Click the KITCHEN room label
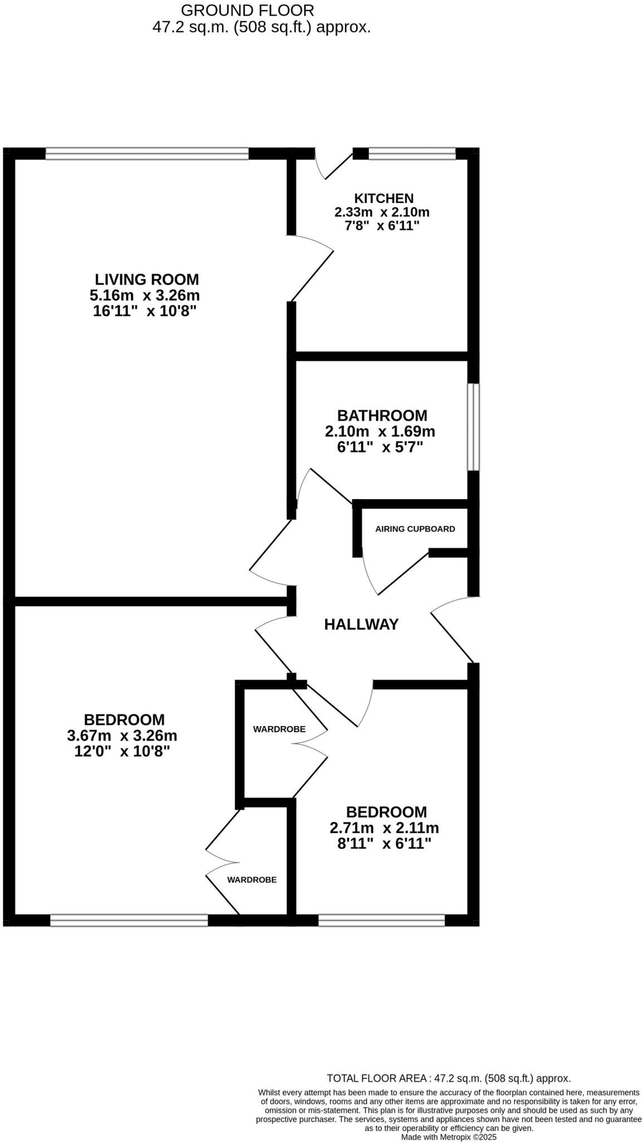click(x=384, y=198)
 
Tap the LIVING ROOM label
click(x=147, y=279)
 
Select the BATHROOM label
click(x=382, y=415)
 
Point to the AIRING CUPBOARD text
click(x=415, y=529)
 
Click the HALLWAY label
click(x=361, y=625)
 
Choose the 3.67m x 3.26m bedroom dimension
click(x=122, y=735)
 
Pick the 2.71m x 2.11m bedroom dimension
click(x=384, y=828)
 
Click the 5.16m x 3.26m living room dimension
click(x=144, y=295)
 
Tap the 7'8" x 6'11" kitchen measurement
click(x=382, y=226)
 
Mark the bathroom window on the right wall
click(x=473, y=427)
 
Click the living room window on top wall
click(x=147, y=153)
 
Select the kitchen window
click(x=412, y=153)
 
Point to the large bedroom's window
click(x=129, y=920)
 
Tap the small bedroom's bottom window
click(x=381, y=920)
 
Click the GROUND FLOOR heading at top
click(x=247, y=10)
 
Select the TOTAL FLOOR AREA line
click(x=449, y=1078)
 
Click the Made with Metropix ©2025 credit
click(x=449, y=1136)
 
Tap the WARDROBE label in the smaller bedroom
click(x=279, y=729)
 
